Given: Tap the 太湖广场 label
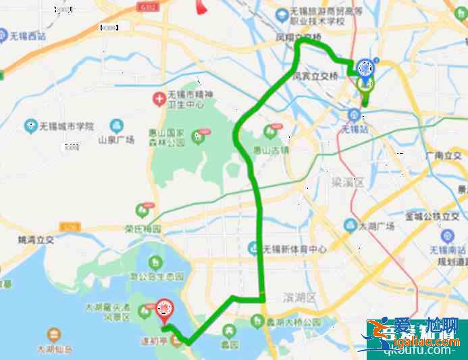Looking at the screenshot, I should click(x=377, y=226).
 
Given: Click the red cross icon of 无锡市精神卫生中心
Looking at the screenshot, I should click(x=158, y=99).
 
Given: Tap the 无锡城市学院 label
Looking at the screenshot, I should click(x=66, y=126).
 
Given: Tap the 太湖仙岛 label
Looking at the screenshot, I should click(x=54, y=350).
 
